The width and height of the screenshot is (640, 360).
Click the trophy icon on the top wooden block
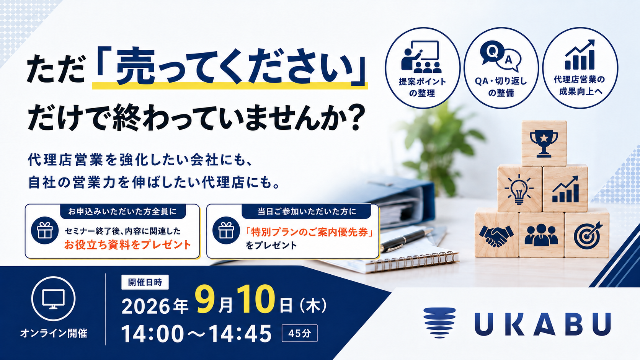tap(544, 143)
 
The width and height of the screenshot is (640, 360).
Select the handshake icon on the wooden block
tap(496, 236)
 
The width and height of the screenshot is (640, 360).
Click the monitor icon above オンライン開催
tap(54, 299)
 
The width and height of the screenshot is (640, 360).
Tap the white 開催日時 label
tap(145, 282)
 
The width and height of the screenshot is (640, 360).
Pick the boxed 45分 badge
tap(299, 333)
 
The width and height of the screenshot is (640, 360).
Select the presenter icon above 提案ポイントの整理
tap(421, 57)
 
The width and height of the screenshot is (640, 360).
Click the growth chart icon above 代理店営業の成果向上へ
tap(580, 55)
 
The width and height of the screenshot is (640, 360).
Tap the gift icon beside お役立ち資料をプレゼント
tap(44, 230)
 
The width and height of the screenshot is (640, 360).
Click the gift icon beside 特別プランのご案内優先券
tap(226, 230)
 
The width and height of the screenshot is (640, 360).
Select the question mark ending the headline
tap(357, 117)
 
